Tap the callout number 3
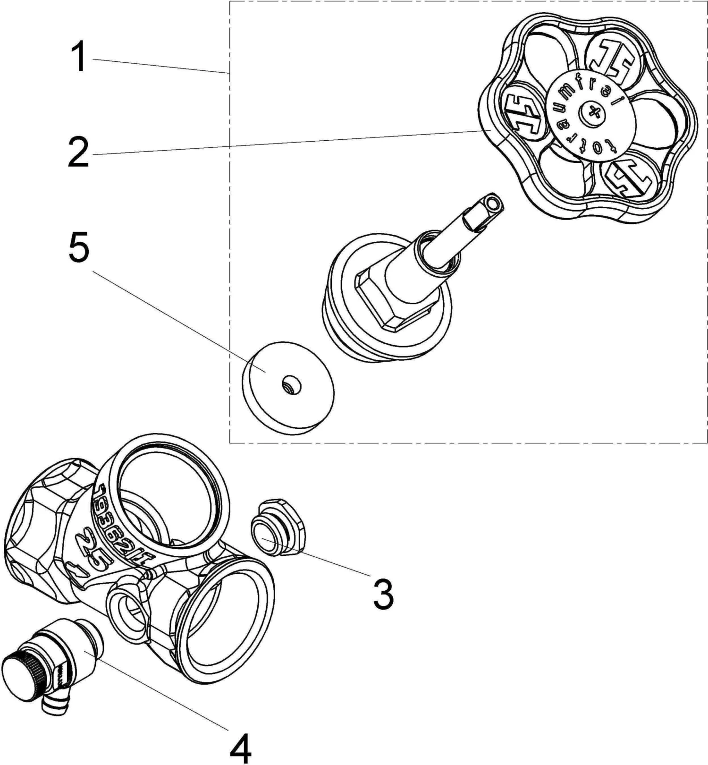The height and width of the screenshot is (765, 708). click(x=383, y=594)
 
